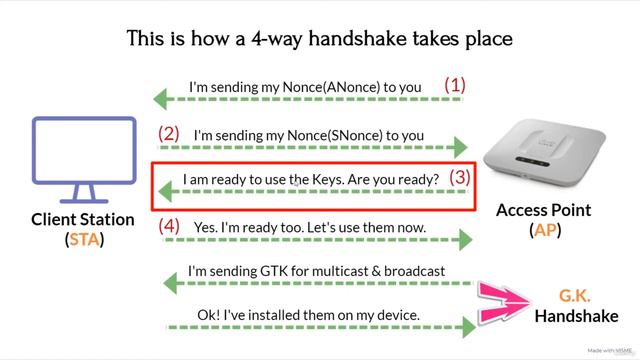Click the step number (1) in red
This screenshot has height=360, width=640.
pos(455,86)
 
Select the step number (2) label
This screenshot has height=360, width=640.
pos(169,133)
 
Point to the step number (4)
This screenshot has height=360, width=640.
pos(170,226)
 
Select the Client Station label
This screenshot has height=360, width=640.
pos(82,220)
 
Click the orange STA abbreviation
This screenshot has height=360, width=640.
pos(83,240)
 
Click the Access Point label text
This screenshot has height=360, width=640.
pos(544,211)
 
